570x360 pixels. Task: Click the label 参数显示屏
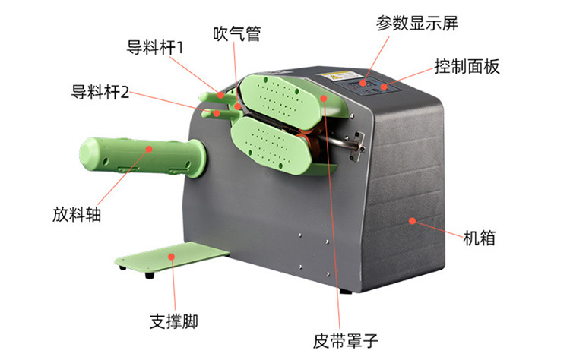tap(417, 24)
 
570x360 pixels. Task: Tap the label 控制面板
tap(467, 67)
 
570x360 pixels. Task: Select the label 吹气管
tap(236, 33)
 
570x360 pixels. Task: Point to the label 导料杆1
tap(155, 48)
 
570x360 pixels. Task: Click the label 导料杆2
tap(100, 92)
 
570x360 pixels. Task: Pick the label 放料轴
tap(77, 214)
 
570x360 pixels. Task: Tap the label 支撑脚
tap(174, 321)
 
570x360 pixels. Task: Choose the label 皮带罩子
tap(346, 341)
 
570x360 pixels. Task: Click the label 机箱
tap(479, 238)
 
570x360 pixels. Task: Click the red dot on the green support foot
tap(171, 257)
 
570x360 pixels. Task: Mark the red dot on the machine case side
tap(412, 221)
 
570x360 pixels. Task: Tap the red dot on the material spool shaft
tap(149, 149)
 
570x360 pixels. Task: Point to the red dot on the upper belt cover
tap(324, 98)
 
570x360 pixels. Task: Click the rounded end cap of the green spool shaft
tap(88, 152)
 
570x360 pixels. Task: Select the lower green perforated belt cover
tap(271, 144)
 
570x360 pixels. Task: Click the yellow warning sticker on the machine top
tap(335, 76)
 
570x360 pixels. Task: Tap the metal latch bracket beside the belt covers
tap(358, 146)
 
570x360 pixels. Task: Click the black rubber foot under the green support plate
tap(149, 276)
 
